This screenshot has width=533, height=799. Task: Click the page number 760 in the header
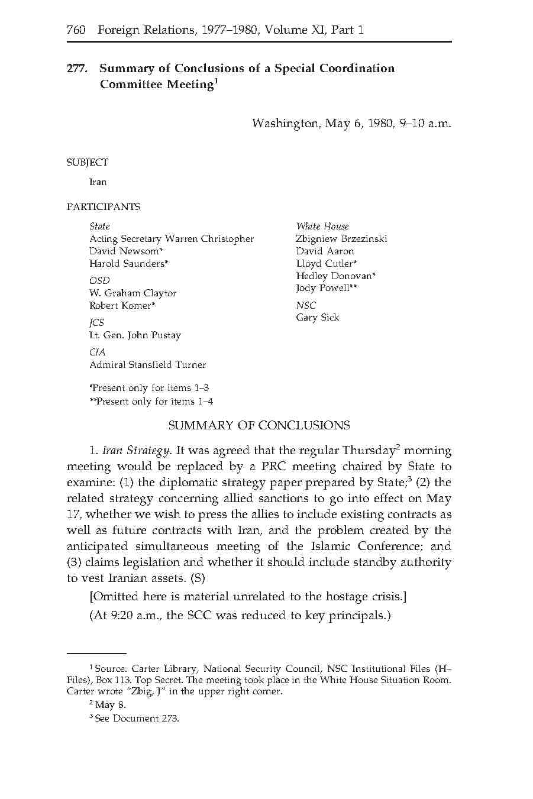[76, 30]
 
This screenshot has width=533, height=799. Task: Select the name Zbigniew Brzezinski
[341, 239]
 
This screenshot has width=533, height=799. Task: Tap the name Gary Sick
[318, 318]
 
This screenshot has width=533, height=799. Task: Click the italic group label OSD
[99, 280]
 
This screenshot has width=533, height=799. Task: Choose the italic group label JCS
[96, 322]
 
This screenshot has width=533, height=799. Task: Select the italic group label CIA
[97, 352]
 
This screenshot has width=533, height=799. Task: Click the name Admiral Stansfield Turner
[147, 365]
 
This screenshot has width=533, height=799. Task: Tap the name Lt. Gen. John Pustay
[135, 335]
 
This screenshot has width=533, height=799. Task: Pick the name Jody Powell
[322, 288]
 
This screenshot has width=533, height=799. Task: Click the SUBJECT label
[88, 162]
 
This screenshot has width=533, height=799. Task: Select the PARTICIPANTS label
[103, 207]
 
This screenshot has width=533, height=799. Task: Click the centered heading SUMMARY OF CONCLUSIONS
[259, 426]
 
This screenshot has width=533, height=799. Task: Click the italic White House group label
[322, 227]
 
